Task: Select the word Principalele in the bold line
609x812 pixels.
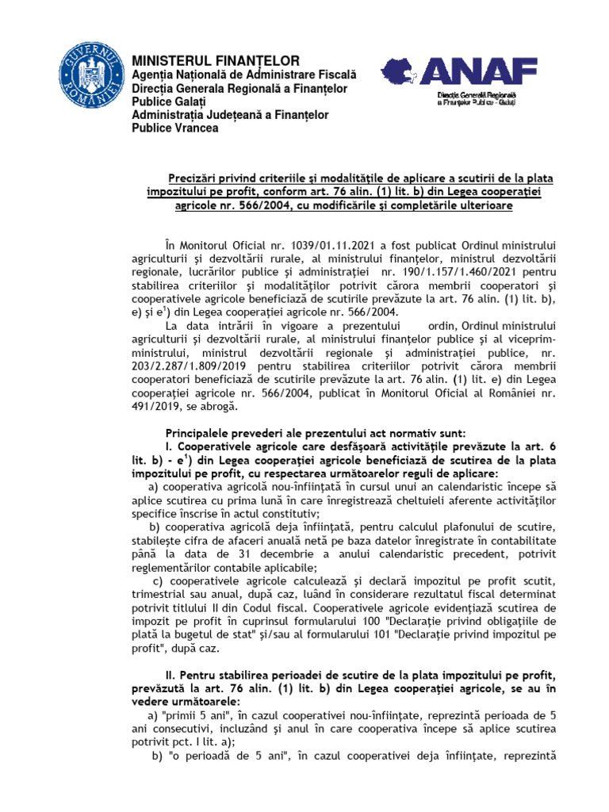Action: (202, 434)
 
